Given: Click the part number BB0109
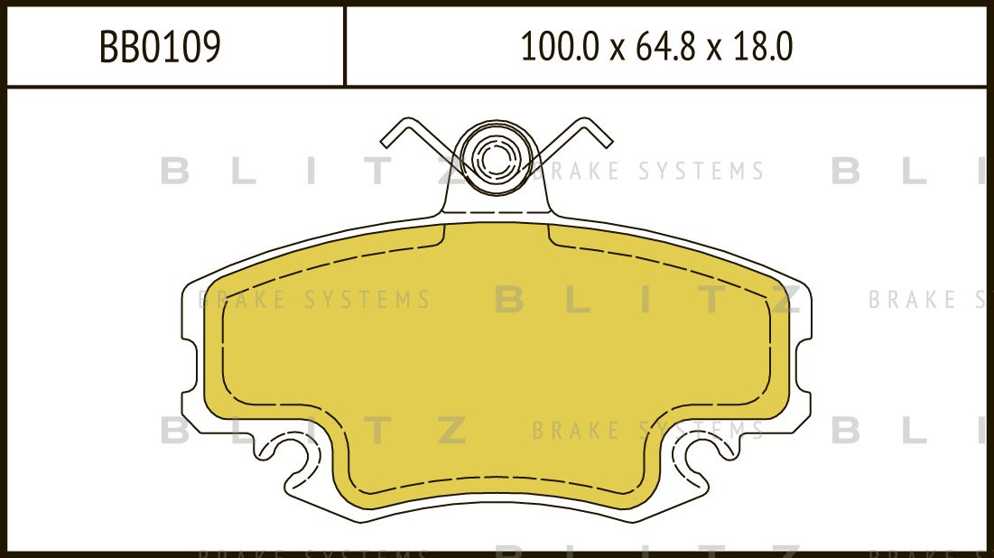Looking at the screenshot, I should click(160, 48).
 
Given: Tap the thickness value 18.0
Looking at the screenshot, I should click(764, 48).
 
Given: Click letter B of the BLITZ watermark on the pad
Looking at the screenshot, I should click(509, 300).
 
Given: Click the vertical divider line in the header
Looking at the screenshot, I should click(345, 47).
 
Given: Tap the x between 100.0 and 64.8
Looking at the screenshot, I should click(617, 51).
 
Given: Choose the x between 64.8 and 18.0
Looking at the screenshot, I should click(713, 51).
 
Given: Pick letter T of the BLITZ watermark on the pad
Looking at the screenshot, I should click(714, 300).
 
